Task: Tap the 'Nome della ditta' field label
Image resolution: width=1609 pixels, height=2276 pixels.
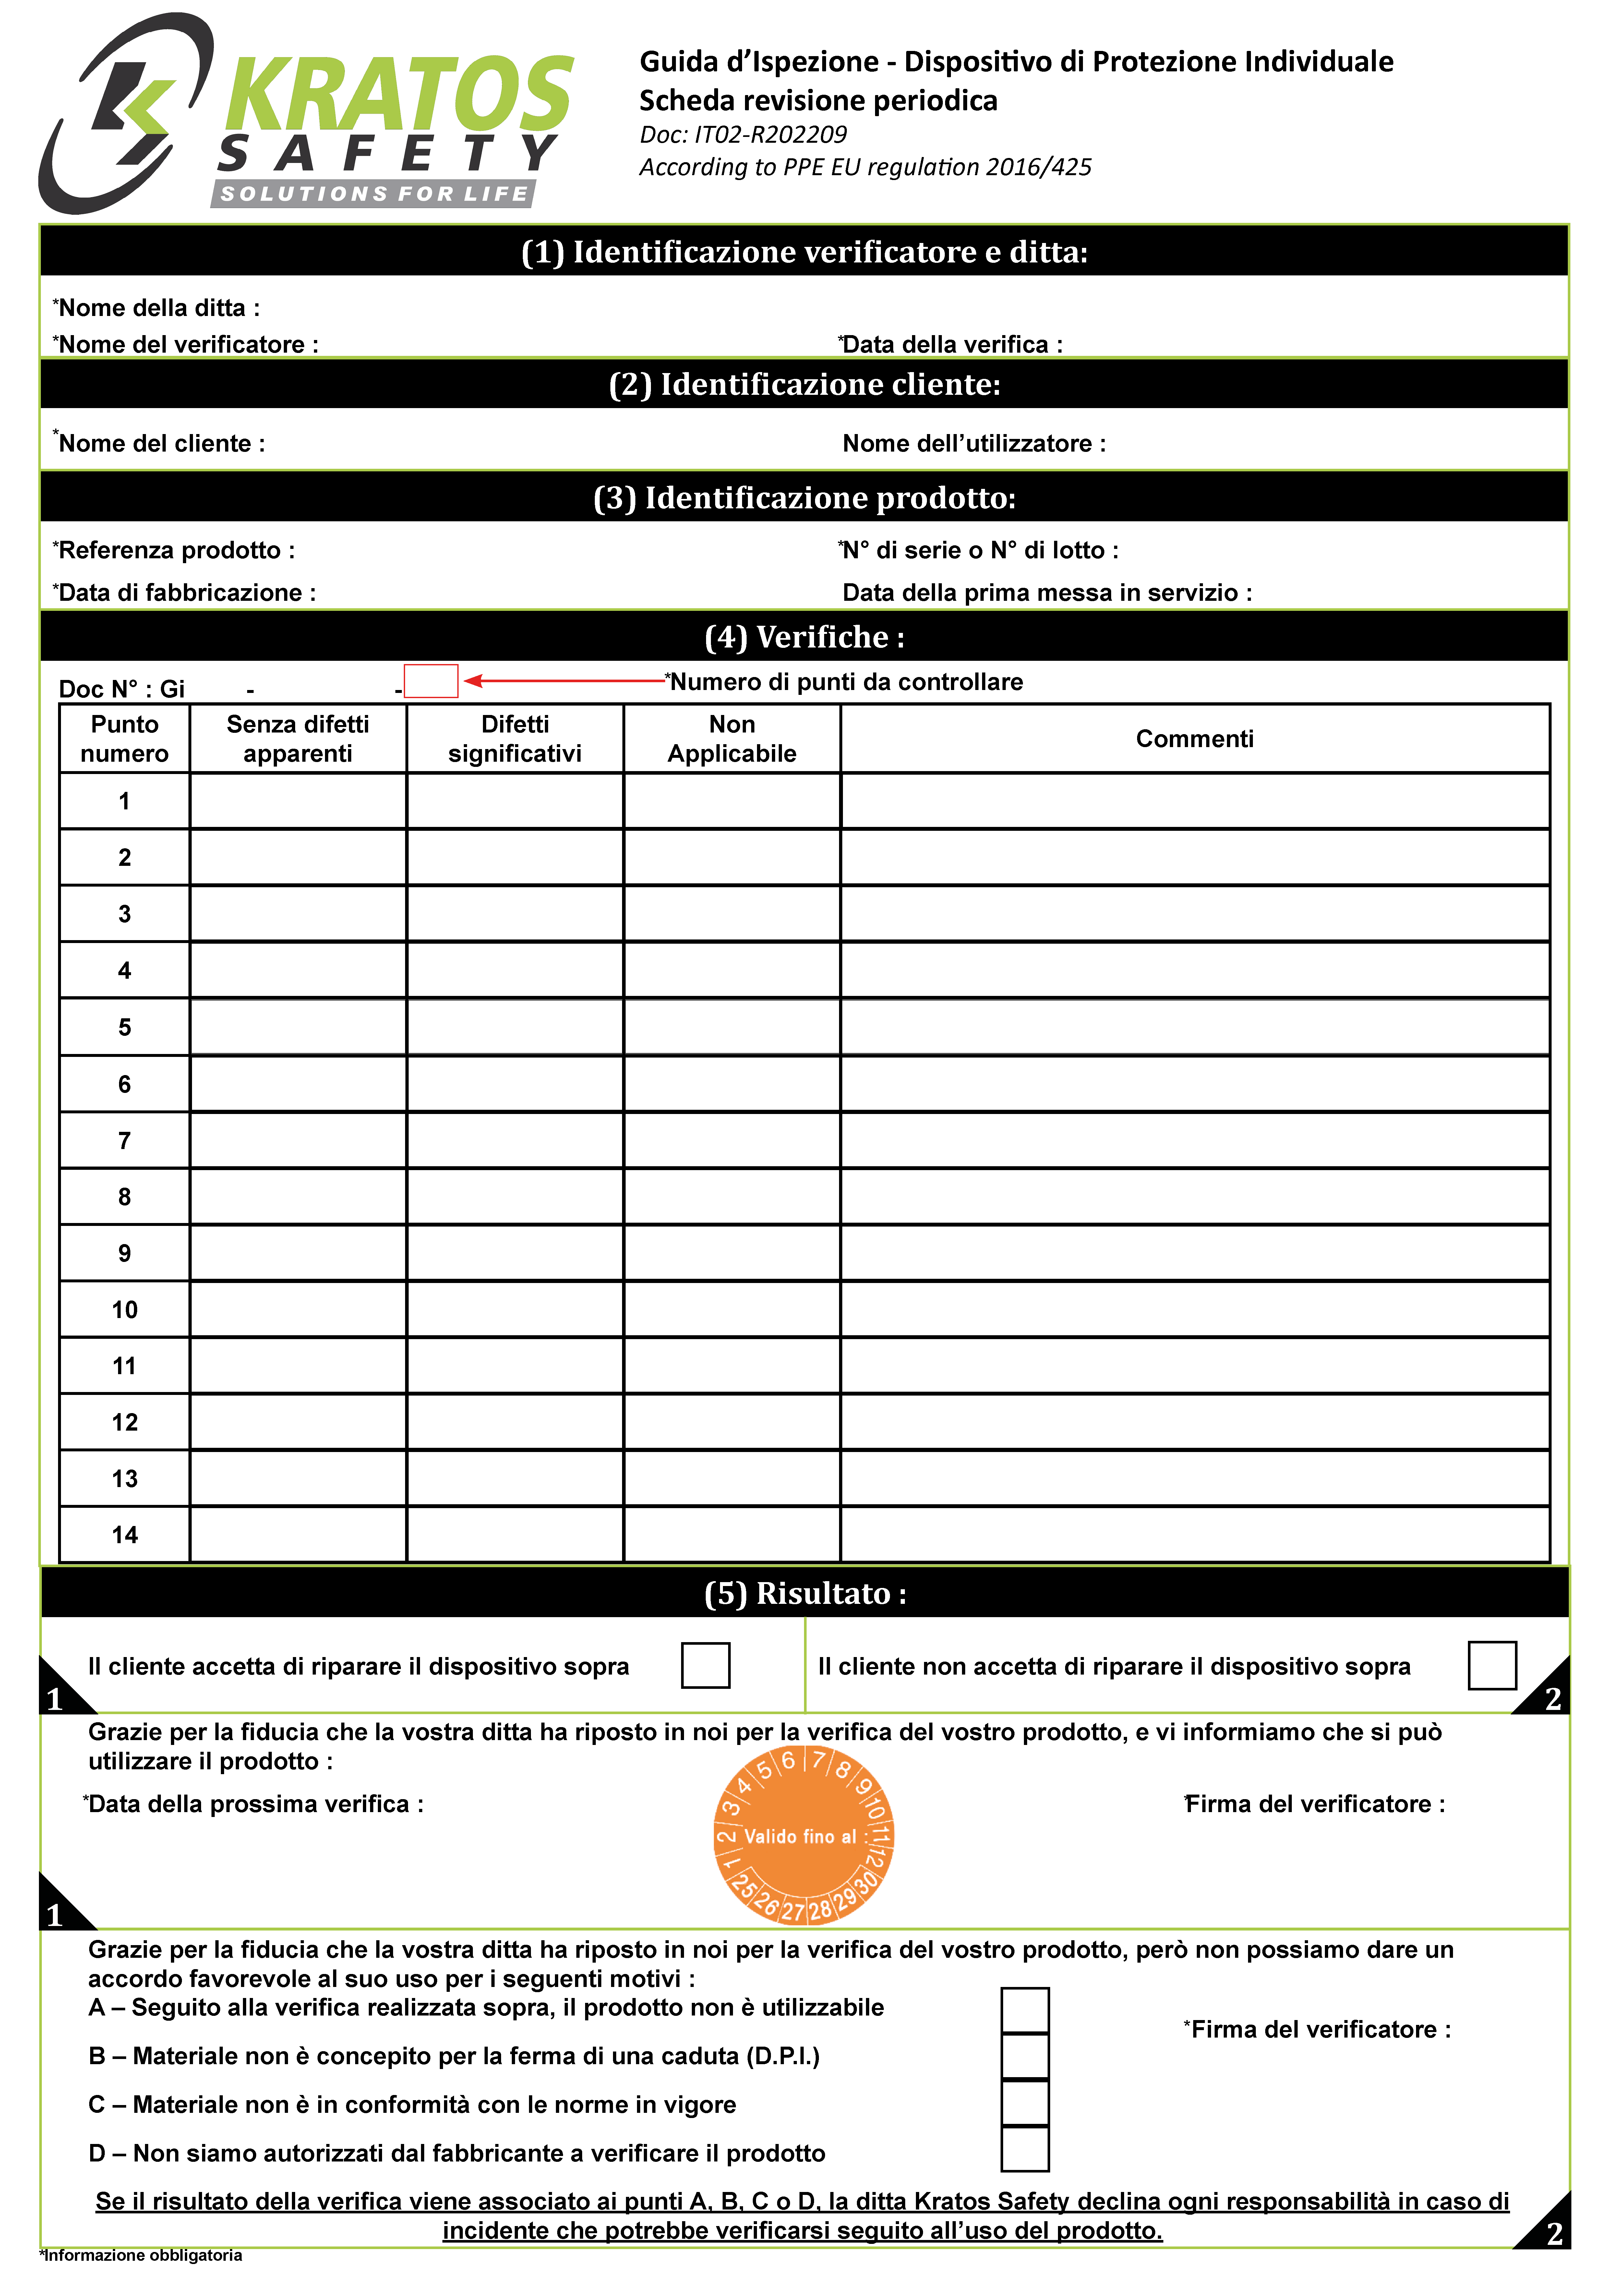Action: [x=157, y=308]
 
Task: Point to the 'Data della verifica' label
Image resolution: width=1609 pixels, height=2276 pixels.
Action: [x=952, y=345]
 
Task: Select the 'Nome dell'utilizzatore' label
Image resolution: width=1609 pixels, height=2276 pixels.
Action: [x=974, y=444]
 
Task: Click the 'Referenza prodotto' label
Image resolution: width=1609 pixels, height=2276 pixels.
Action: [x=174, y=550]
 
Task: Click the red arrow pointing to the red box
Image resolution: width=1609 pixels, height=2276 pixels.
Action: [x=565, y=681]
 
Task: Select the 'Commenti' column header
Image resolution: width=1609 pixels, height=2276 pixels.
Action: [x=1195, y=739]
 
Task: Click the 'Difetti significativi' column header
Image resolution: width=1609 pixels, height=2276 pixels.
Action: [x=514, y=739]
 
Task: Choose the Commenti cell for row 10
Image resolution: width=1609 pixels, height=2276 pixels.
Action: [x=1195, y=1310]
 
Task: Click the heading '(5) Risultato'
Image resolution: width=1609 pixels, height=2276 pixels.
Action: [x=804, y=1593]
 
